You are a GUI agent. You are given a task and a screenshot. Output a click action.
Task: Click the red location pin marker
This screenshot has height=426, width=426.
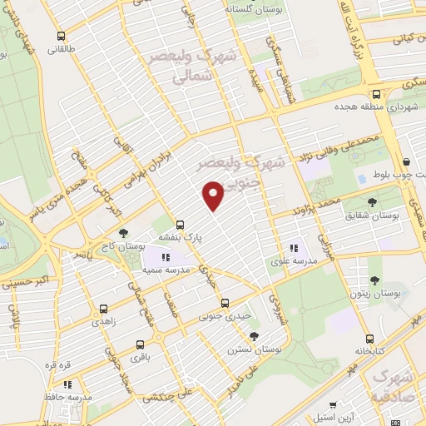[214, 195]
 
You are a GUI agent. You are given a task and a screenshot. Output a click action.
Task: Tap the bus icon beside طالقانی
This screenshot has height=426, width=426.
[61, 37]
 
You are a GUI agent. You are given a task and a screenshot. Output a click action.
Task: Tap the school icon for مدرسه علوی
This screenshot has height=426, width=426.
[293, 249]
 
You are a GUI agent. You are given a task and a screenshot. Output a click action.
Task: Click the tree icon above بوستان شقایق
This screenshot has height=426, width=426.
[372, 201]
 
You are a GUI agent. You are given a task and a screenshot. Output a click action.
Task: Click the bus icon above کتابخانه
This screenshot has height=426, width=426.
[369, 339]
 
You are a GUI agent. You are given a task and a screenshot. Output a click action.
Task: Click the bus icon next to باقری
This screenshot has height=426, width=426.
[138, 344]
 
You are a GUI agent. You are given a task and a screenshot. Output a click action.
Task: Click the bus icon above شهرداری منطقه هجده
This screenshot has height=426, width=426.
[376, 94]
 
